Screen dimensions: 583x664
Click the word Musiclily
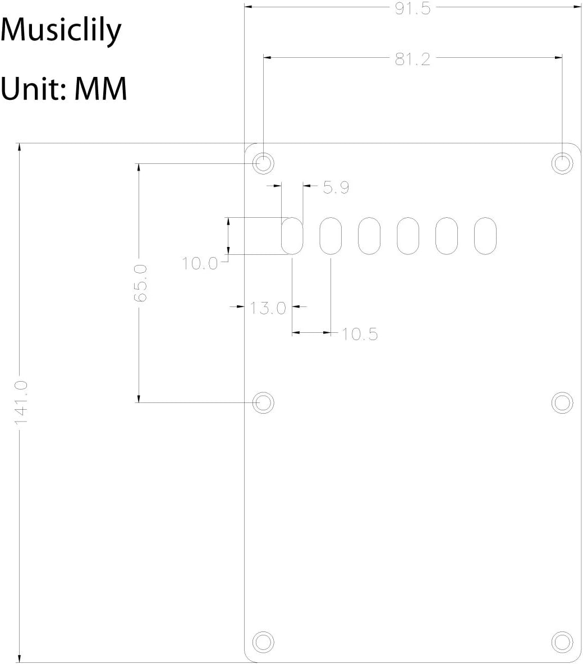61,31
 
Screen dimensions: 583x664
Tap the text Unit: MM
63,89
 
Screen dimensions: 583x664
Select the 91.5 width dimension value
412,8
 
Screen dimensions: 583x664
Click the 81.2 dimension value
412,59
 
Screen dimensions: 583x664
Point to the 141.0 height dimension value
20,402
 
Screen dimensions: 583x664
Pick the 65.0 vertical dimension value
140,283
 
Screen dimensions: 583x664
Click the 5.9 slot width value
336,187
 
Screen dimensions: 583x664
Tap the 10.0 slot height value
200,263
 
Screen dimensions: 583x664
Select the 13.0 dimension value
268,308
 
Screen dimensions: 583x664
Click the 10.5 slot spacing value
360,334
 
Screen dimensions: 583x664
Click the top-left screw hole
263,163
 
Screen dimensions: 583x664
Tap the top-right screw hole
562,163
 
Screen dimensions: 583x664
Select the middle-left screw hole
263,402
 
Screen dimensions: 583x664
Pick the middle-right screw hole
562,402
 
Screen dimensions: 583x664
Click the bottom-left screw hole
263,642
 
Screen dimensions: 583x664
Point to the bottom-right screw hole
562,642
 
